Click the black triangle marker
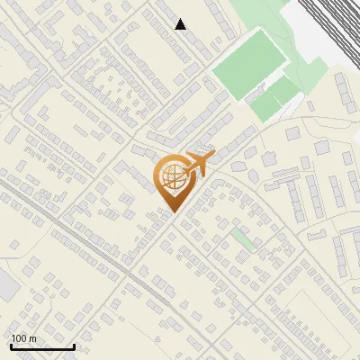coord(181,24)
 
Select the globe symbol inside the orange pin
coord(171,177)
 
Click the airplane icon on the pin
coord(196,165)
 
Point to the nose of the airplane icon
coord(211,155)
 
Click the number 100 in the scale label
coord(19,338)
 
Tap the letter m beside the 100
coord(32,338)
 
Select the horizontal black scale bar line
coord(41,346)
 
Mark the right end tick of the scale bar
coord(73,345)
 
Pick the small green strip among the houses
coord(242,239)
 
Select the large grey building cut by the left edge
coord(6,286)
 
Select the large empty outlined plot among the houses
coord(310,315)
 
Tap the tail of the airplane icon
coord(184,171)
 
